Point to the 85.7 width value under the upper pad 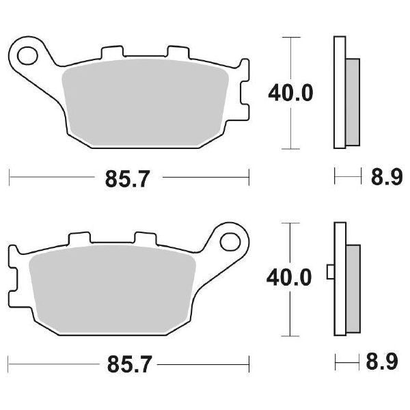(x=128, y=180)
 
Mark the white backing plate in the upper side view (x=340, y=92)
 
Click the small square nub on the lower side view (x=331, y=272)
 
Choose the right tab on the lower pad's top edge (x=146, y=239)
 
